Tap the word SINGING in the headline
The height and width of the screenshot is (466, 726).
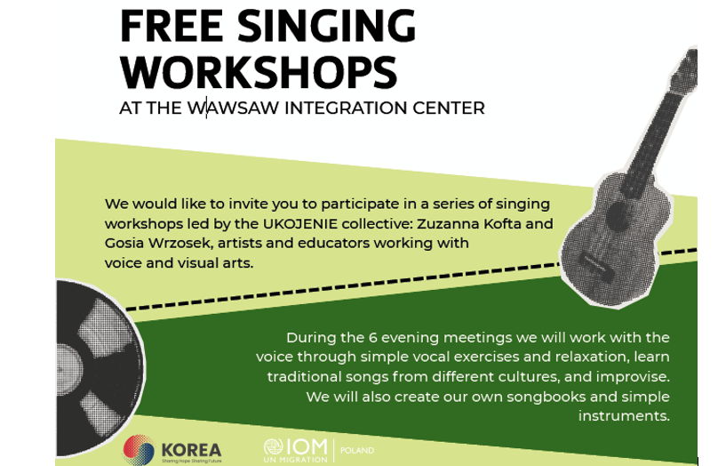(x=327, y=26)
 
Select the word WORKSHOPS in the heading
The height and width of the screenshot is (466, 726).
(x=259, y=73)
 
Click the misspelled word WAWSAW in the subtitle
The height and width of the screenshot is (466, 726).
(x=234, y=108)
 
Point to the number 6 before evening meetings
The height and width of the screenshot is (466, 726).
(x=372, y=338)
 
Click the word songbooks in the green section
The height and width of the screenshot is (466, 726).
(x=546, y=397)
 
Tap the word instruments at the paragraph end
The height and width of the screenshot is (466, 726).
(x=623, y=416)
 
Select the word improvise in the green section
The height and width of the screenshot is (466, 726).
(x=632, y=376)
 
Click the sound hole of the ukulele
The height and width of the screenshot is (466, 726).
(x=618, y=216)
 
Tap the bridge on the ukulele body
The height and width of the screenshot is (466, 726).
(x=597, y=267)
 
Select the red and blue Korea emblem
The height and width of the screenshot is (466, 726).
(x=139, y=449)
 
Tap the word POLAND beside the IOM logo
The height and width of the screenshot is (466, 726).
(x=357, y=450)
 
